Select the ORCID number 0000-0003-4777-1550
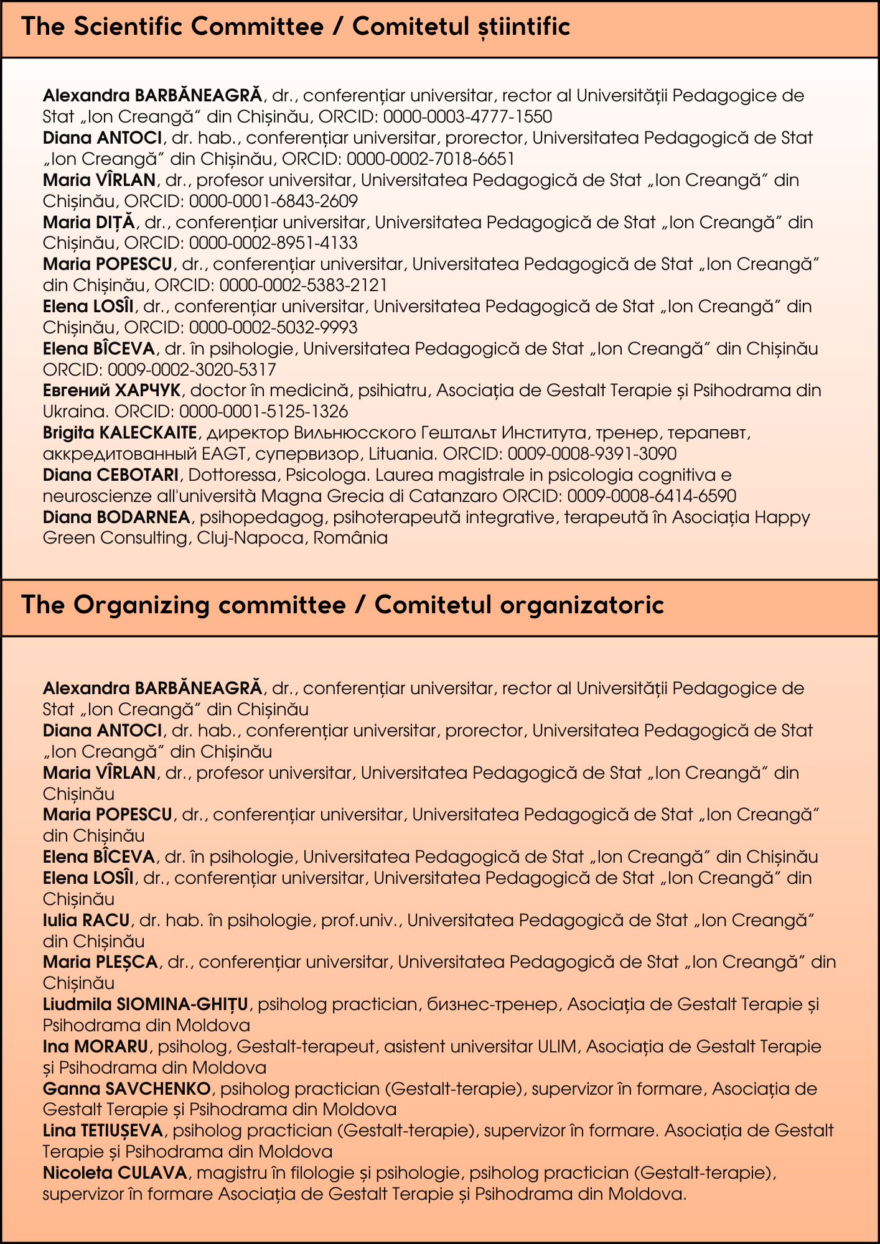467,117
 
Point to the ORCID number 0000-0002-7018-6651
430,159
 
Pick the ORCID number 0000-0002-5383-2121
303,285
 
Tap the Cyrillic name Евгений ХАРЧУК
111,391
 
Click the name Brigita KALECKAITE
119,432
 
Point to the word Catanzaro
456,496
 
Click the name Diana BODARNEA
116,517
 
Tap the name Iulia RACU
86,920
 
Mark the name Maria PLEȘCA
100,962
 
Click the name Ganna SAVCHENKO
127,1089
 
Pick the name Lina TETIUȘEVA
103,1130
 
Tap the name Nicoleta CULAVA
115,1173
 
